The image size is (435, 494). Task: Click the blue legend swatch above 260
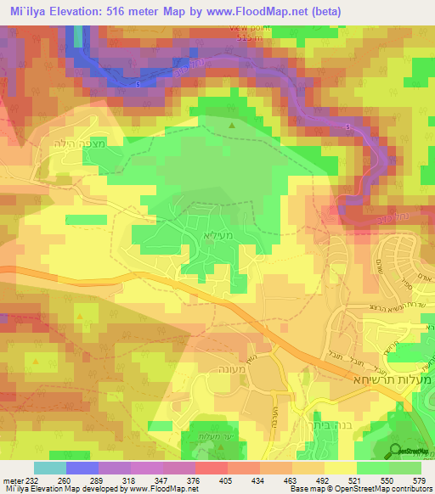click(82, 468)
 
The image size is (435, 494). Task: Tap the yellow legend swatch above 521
click(340, 468)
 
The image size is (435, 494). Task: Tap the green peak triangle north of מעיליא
click(233, 127)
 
